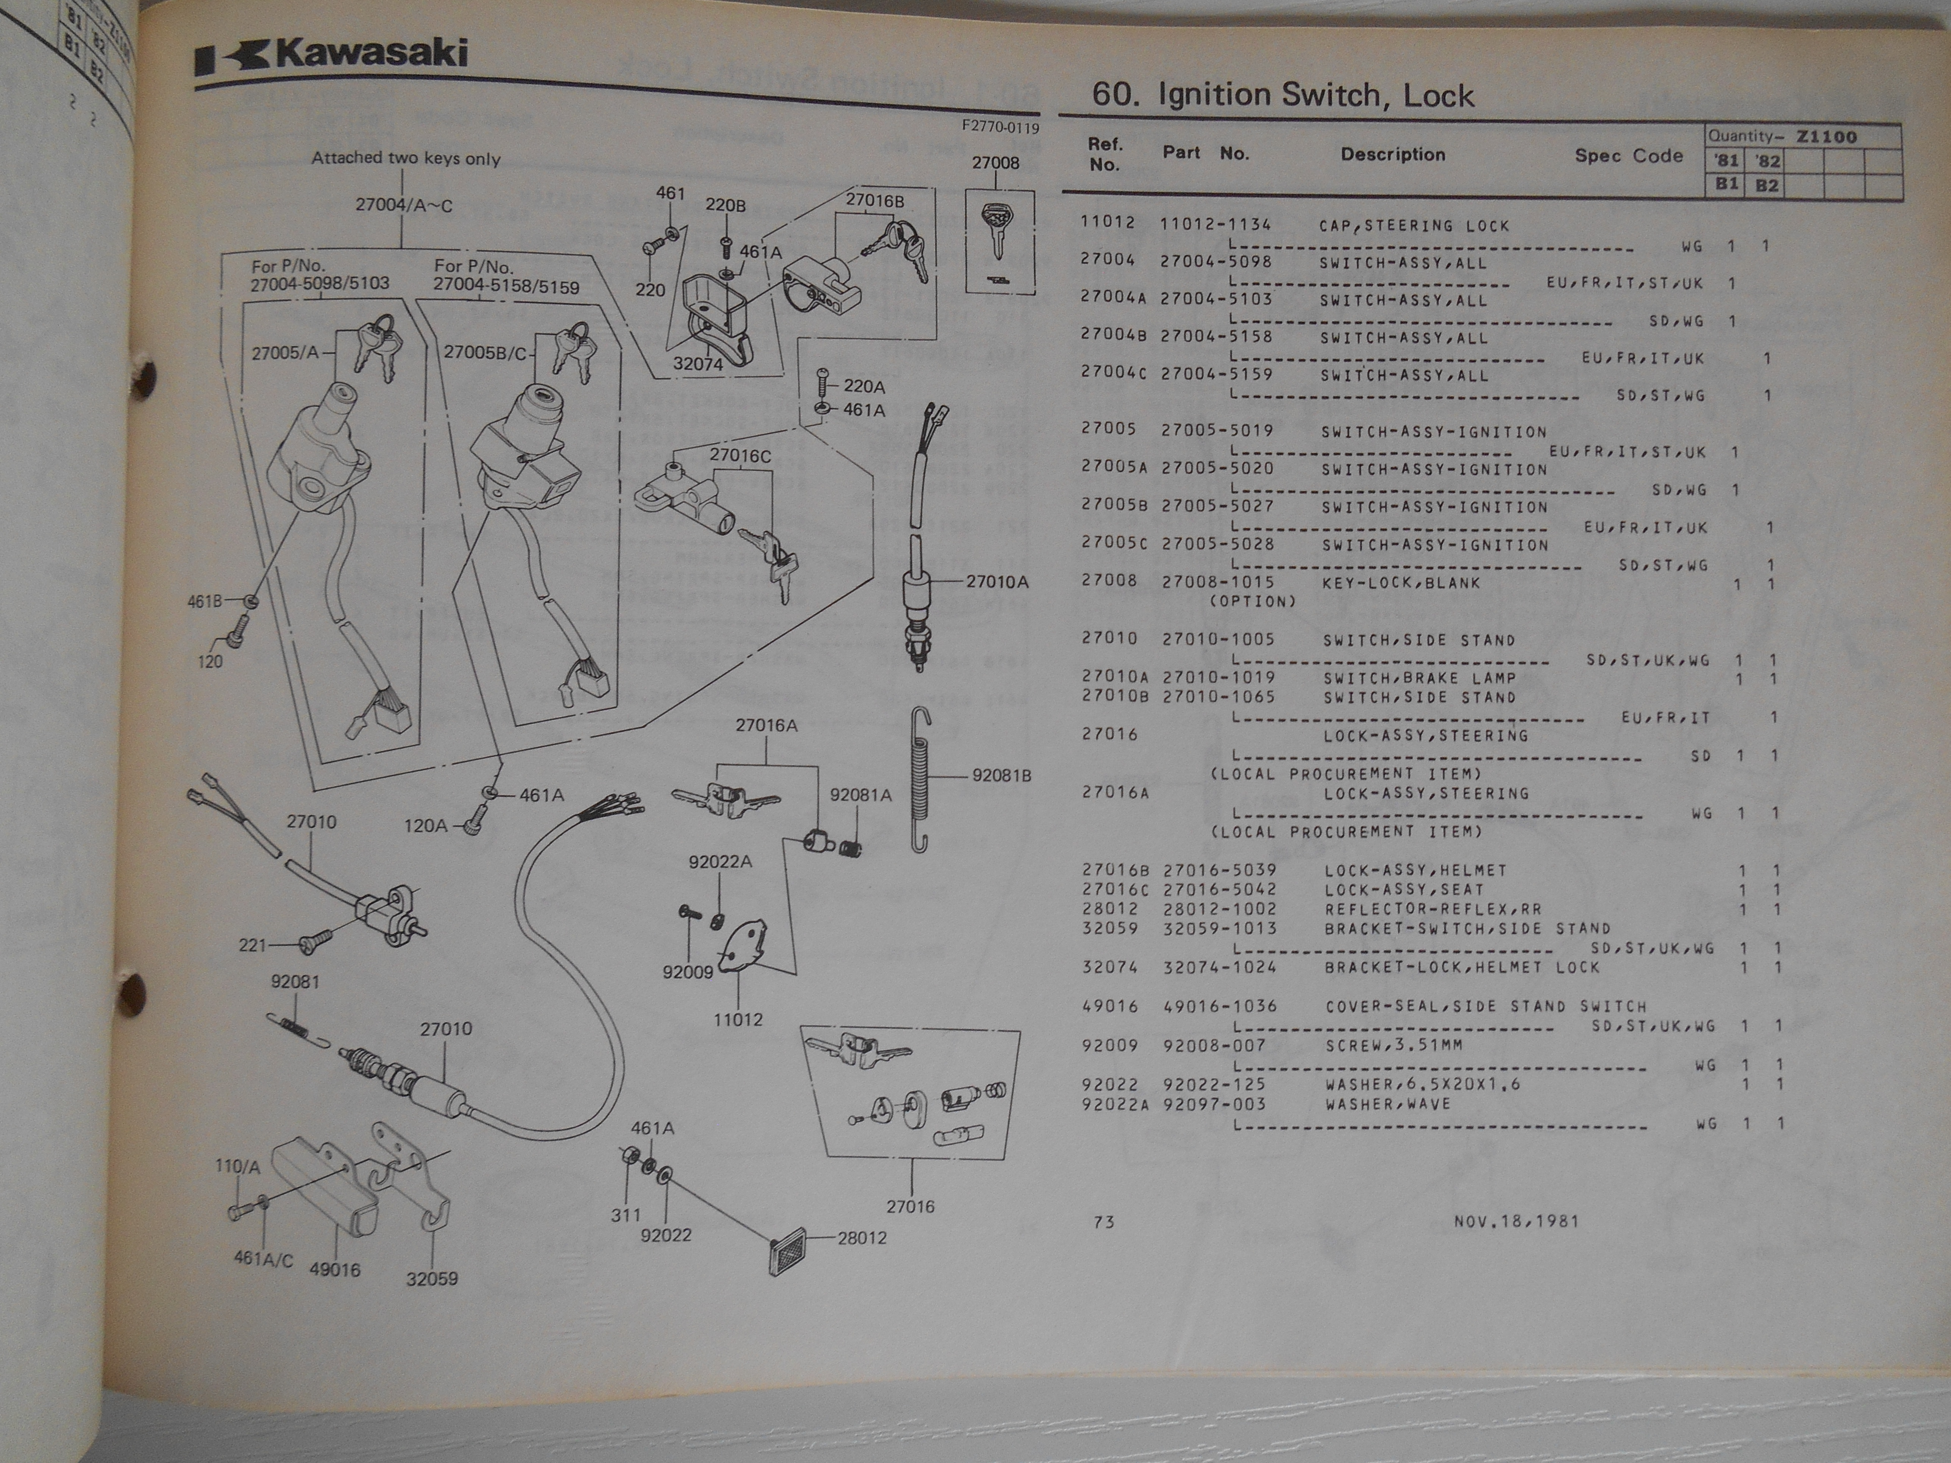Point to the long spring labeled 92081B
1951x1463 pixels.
tap(921, 780)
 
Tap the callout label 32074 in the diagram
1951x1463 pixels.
tap(698, 363)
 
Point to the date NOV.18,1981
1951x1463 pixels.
tap(1516, 1221)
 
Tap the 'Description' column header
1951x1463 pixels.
tap(1393, 154)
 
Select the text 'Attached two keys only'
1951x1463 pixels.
tap(406, 159)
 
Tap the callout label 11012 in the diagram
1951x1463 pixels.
tap(738, 1019)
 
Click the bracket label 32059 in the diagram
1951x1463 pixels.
tap(432, 1279)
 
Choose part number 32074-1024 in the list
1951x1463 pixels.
tap(1220, 967)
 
